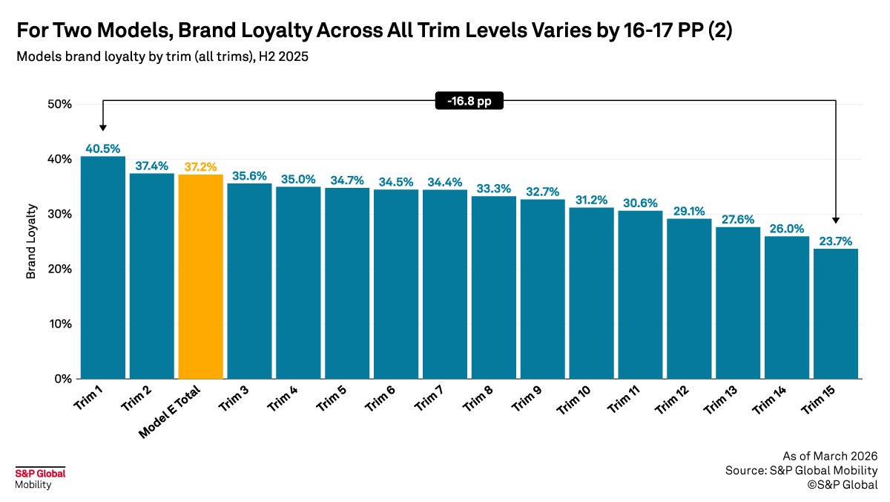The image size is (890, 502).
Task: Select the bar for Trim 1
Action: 103,267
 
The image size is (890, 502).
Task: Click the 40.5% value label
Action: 103,149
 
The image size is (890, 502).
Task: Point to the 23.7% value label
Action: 836,241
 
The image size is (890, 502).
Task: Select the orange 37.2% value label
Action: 200,166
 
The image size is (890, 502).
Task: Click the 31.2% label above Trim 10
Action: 591,200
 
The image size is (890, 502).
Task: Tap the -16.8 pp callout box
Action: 469,102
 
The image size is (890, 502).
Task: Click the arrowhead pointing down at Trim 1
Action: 103,128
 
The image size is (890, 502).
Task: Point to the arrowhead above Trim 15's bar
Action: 836,219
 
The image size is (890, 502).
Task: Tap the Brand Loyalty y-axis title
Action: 31,242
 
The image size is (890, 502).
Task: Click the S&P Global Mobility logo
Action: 40,478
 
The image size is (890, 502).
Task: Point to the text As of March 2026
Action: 830,456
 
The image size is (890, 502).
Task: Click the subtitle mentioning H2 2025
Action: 162,57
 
